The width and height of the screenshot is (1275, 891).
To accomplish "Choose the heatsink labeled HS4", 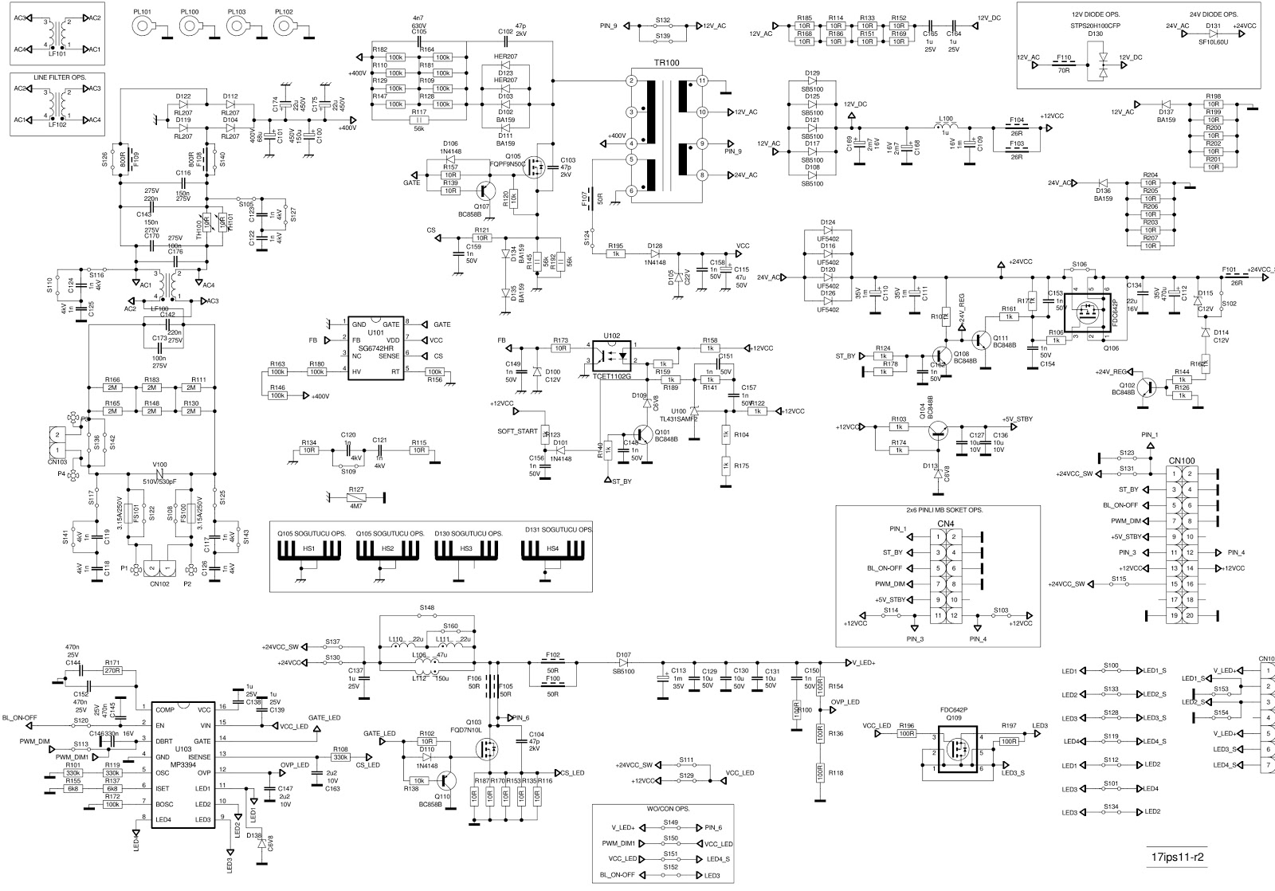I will [551, 550].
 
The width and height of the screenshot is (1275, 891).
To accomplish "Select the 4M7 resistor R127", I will [356, 497].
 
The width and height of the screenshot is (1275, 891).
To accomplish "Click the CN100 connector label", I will [1181, 461].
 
